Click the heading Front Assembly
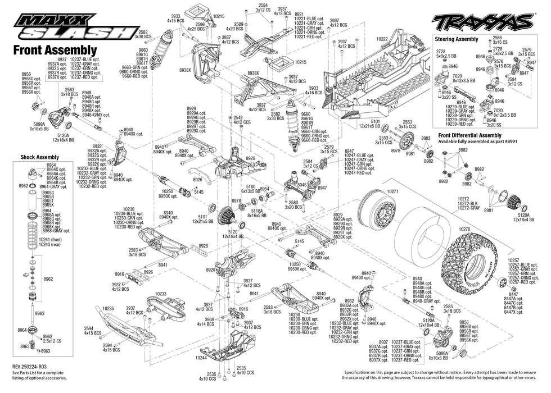50,51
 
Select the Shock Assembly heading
39,157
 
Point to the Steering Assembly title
457,39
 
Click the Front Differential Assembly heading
469,135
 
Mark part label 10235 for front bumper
109,308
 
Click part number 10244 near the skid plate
202,357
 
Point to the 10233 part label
160,294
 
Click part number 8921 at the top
299,14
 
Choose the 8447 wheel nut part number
513,294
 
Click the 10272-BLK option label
469,203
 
